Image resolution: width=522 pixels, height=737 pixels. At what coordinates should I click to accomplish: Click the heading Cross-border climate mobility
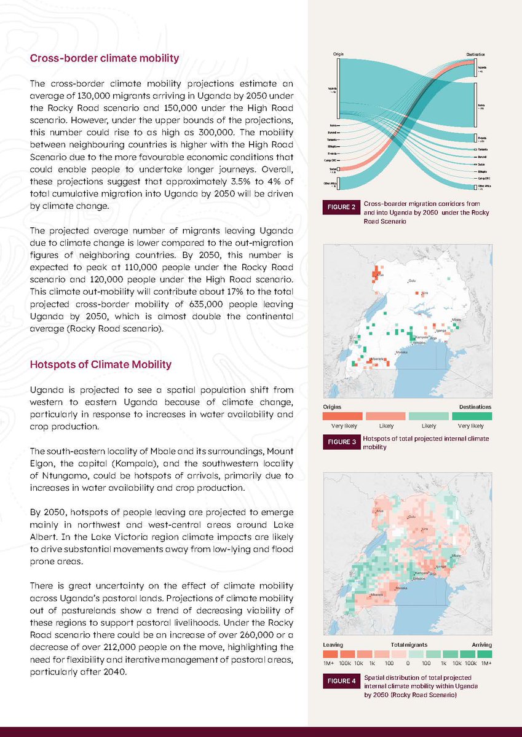tap(105, 59)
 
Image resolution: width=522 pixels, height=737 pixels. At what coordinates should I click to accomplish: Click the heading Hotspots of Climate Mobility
tap(101, 364)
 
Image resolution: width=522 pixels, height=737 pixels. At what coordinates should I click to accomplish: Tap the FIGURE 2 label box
tap(341, 207)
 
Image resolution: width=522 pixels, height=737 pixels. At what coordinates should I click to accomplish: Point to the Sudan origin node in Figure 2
tap(333, 168)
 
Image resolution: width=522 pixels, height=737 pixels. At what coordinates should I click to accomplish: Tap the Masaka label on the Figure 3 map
tap(401, 353)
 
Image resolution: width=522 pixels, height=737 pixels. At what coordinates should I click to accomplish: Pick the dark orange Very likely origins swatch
tap(342, 416)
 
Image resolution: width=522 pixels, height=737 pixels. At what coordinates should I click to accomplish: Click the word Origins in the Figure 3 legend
tap(332, 406)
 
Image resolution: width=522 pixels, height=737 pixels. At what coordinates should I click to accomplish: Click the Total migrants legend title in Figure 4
tap(408, 644)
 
